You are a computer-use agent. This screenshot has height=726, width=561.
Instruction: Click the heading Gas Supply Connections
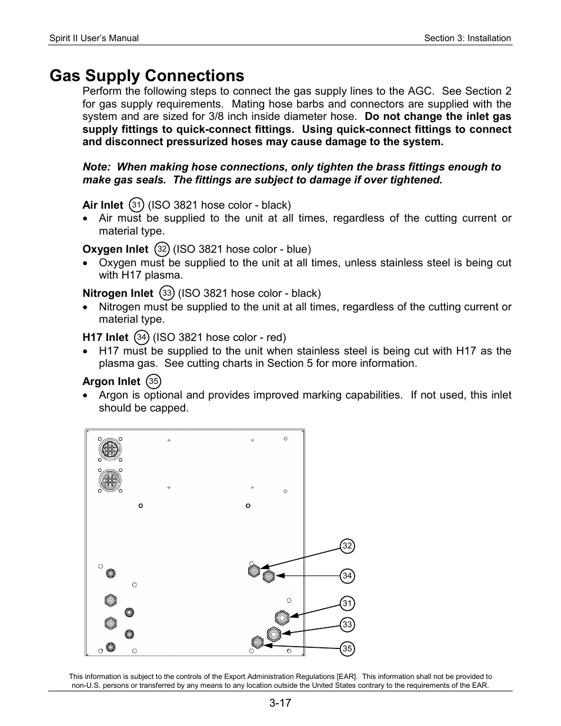coord(146,76)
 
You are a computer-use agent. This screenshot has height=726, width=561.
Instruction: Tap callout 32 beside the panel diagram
coord(347,546)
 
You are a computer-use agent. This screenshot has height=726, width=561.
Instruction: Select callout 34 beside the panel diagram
coord(347,576)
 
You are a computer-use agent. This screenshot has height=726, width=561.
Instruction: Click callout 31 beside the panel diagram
coord(347,603)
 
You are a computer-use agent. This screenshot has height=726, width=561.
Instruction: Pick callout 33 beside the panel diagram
coord(347,625)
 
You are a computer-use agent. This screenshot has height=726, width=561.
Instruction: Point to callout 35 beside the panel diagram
coord(347,648)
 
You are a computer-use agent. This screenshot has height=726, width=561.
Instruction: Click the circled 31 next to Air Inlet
coord(136,205)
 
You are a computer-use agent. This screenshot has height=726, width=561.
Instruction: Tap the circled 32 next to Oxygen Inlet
coord(162,249)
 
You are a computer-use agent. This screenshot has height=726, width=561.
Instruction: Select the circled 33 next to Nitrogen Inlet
coord(167,293)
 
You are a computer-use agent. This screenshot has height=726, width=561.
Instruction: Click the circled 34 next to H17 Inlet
coord(141,337)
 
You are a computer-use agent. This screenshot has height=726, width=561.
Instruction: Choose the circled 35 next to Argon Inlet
coord(153,382)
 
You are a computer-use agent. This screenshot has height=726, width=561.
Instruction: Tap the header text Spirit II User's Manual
coord(94,38)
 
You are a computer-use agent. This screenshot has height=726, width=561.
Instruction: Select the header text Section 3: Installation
coord(467,38)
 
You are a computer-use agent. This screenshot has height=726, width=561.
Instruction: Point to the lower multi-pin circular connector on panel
coord(109,481)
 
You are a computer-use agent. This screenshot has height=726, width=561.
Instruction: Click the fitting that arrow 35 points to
coord(257,643)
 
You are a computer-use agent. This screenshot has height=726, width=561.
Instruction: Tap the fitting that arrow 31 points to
coord(282,617)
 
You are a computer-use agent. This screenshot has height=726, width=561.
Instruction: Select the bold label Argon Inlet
coord(111,382)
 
